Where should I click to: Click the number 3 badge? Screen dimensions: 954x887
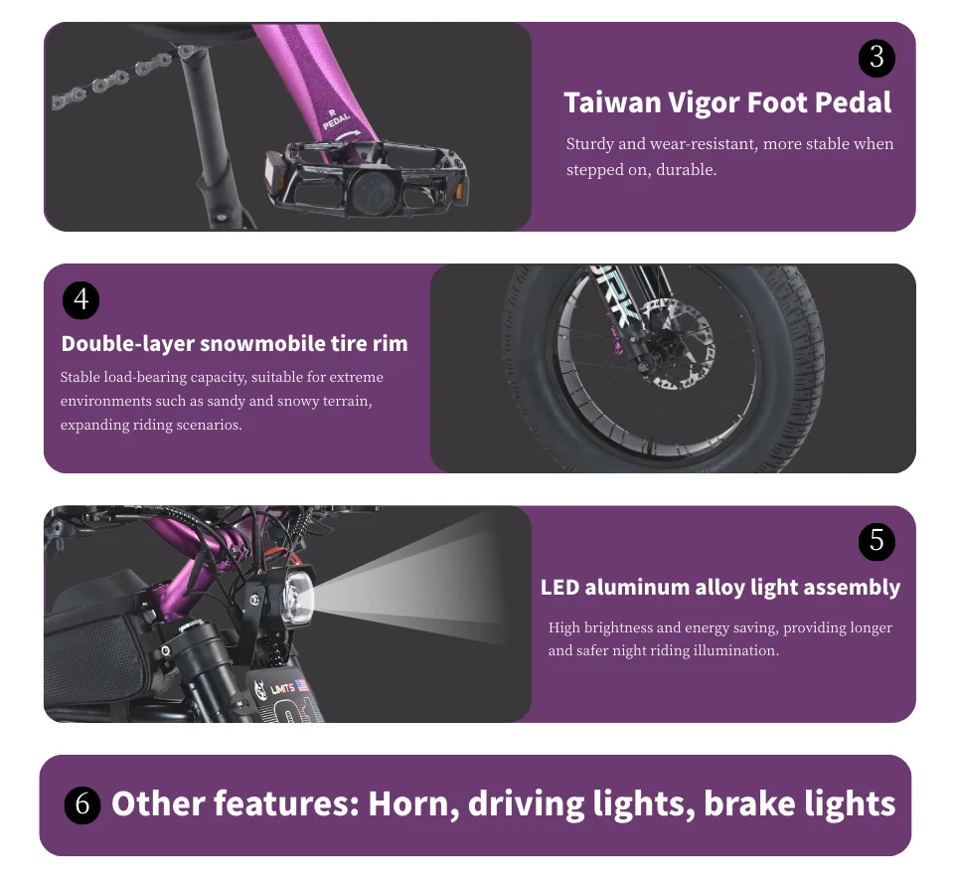click(876, 59)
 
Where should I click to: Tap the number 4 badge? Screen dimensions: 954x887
click(80, 300)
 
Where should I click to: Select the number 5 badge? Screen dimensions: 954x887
click(876, 541)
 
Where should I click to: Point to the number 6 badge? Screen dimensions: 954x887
click(82, 804)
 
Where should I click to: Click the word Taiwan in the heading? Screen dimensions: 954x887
click(612, 102)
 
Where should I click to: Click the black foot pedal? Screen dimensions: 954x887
click(368, 177)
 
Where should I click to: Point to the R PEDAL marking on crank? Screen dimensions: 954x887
click(336, 118)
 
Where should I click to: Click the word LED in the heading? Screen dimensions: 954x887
click(559, 588)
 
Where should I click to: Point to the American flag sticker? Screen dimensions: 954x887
click(302, 685)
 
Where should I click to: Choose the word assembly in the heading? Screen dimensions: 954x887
click(860, 588)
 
